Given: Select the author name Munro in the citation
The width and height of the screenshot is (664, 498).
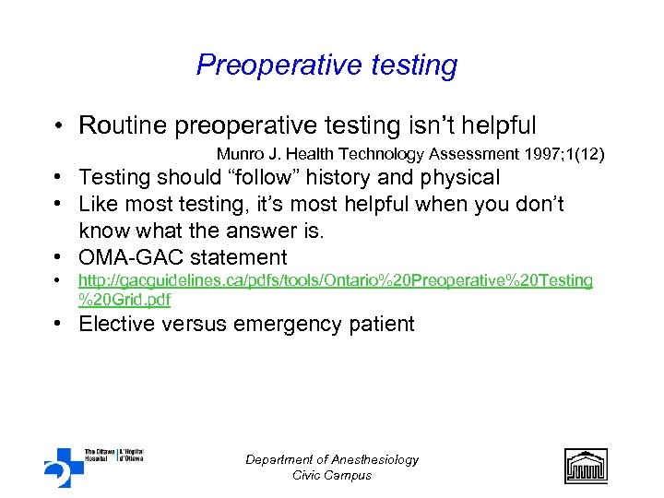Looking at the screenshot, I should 240,153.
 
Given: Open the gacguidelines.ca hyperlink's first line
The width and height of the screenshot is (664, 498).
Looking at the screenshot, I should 335,279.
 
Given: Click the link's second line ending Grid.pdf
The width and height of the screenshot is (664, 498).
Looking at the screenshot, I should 125,299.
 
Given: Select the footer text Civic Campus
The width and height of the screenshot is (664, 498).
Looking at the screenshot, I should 332,475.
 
